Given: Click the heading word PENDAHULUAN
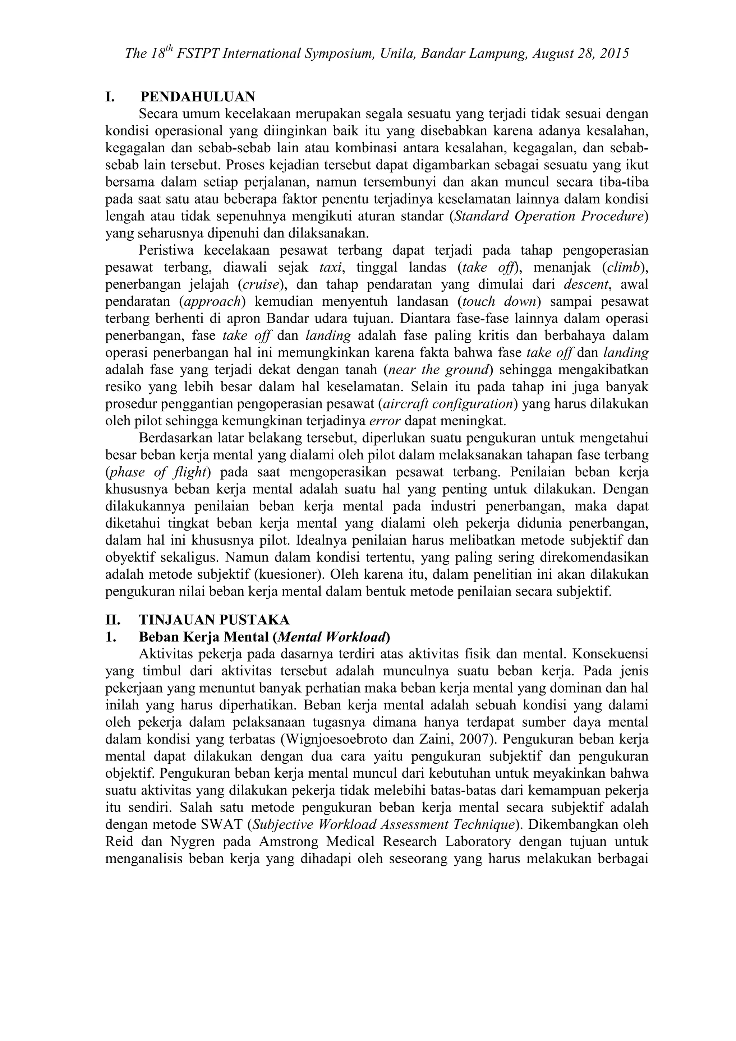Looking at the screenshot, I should (198, 97).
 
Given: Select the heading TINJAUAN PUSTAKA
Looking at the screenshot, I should (214, 619).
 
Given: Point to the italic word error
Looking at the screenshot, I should (385, 421).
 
